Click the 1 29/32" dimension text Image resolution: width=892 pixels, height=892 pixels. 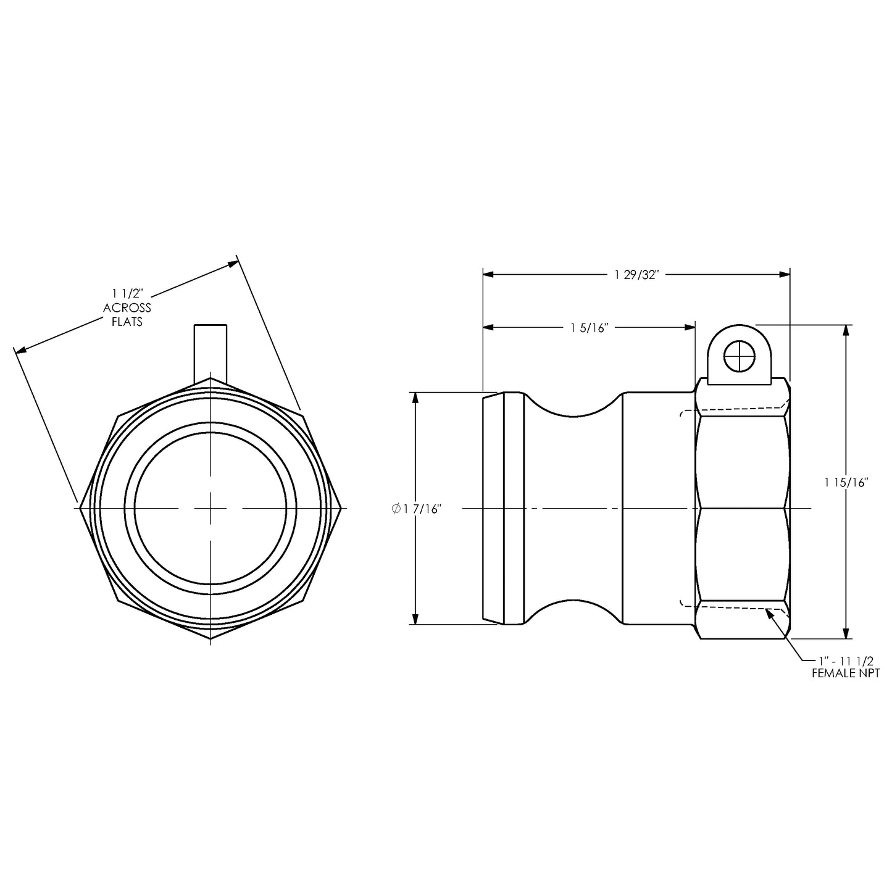point(637,275)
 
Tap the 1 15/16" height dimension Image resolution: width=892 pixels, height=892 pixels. point(846,482)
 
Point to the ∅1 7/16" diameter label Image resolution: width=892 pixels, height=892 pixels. point(417,509)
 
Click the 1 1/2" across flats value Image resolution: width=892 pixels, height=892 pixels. point(128,293)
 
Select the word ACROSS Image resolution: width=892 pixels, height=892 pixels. point(127,307)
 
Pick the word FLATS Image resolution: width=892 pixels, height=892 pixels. point(127,322)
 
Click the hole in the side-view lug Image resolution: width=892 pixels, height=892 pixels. point(739,356)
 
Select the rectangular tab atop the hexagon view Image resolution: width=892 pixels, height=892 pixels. point(210,351)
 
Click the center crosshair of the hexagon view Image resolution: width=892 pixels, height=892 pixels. point(210,508)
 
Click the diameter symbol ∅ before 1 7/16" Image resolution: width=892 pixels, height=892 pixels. point(395,509)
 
